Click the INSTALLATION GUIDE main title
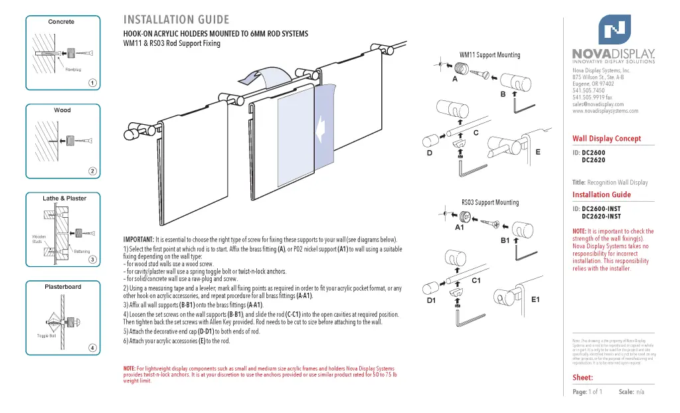tap(176, 20)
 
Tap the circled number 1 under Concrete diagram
tap(93, 83)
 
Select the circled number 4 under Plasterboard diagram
tap(93, 348)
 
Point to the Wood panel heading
tap(62, 110)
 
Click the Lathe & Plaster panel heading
tap(64, 199)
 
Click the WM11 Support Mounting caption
tap(489, 55)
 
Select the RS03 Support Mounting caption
tap(490, 203)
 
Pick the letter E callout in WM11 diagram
tap(538, 152)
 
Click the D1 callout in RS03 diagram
tap(431, 301)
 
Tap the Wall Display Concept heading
tap(606, 139)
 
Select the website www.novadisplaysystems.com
tap(605, 111)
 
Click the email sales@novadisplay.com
tap(598, 104)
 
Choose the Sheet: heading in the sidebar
tap(582, 378)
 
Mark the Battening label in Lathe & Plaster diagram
tap(82, 252)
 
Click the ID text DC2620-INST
tap(601, 216)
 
